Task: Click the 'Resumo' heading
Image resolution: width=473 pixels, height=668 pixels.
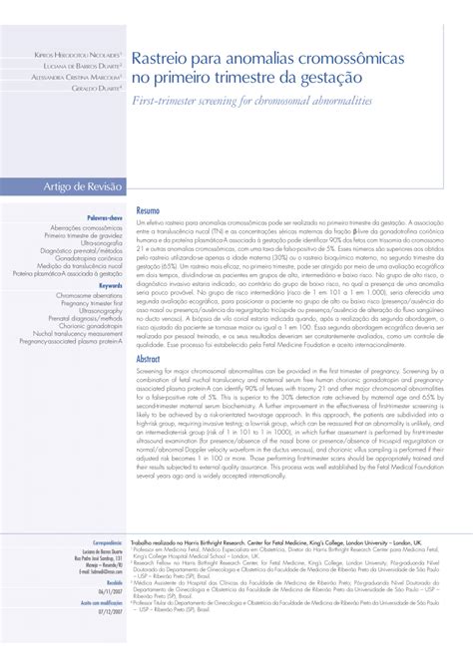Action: [148, 212]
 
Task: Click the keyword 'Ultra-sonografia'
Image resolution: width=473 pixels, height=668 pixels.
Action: [95, 242]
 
